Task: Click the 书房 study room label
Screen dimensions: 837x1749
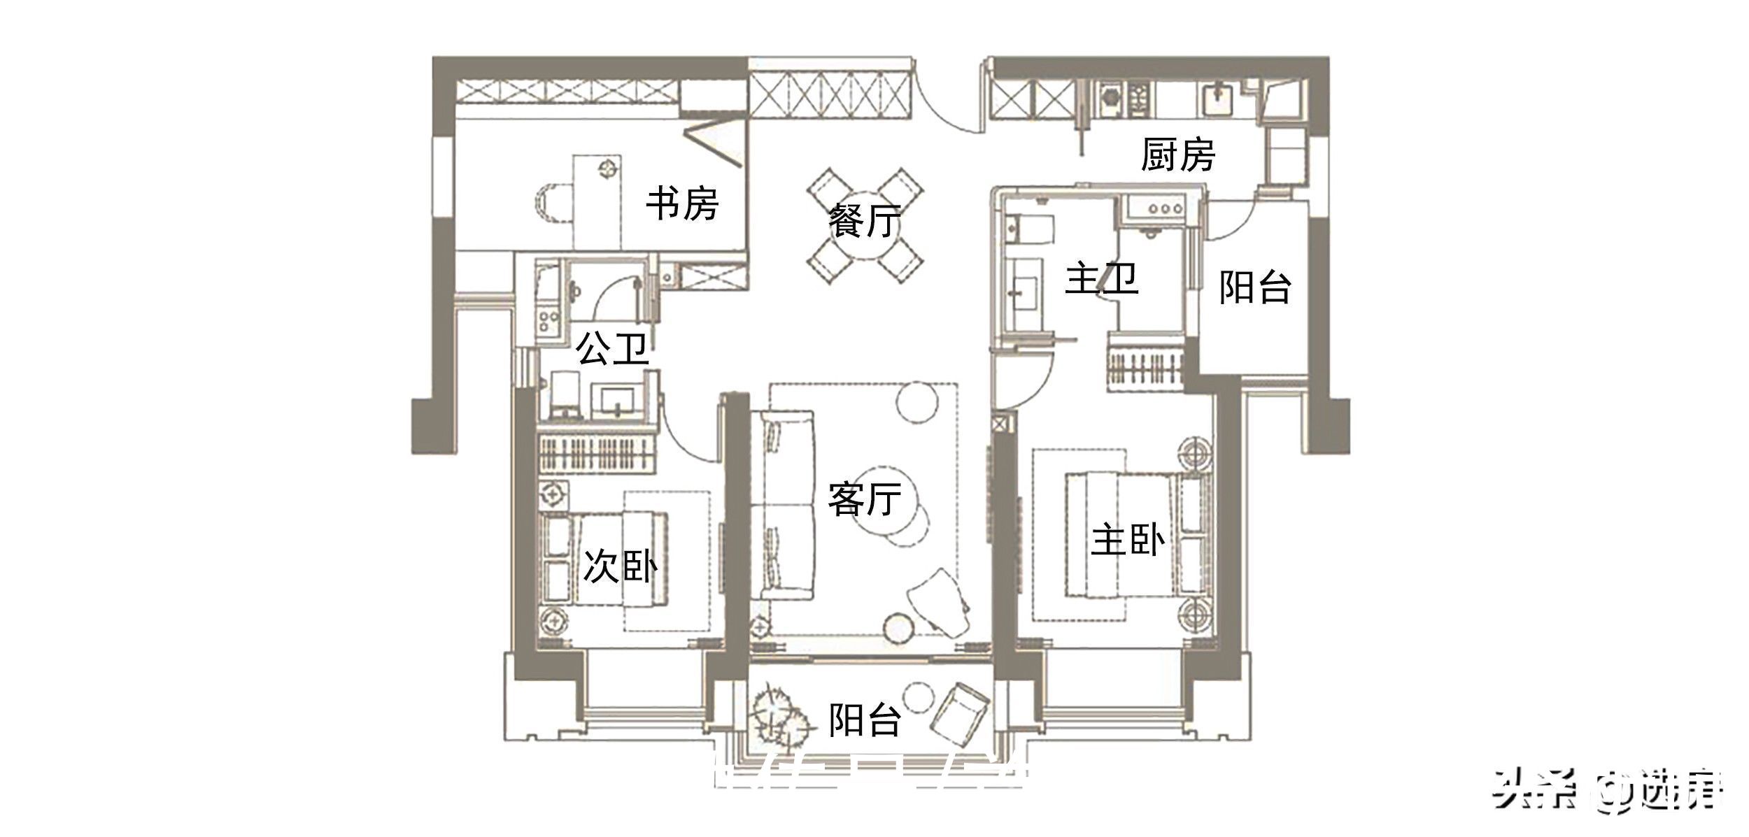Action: coord(681,203)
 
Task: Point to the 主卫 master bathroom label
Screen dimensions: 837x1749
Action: coord(1101,279)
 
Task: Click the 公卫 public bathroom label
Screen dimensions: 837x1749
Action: coord(613,348)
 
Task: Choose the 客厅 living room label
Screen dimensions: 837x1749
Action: coord(864,499)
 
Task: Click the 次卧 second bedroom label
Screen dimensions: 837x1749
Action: coord(620,566)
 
